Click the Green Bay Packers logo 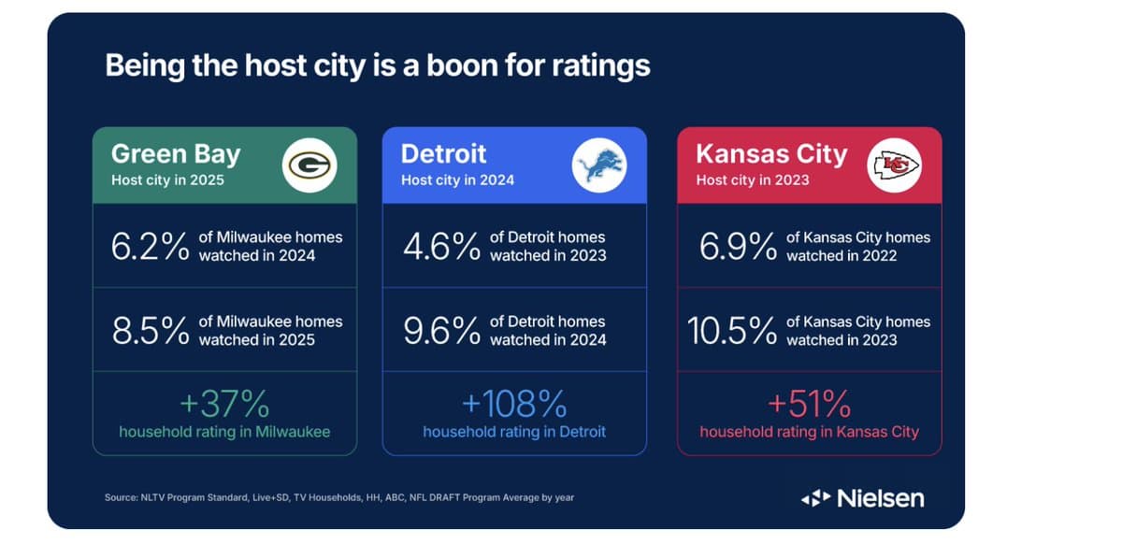[x=309, y=165]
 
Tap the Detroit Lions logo [x=599, y=165]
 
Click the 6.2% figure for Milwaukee [x=150, y=247]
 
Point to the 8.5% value [x=150, y=331]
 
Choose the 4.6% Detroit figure [x=441, y=247]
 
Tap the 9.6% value [x=441, y=331]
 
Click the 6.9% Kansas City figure [x=738, y=247]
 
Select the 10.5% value [x=732, y=331]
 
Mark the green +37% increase [x=224, y=405]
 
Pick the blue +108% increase [x=514, y=405]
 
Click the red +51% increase [x=809, y=405]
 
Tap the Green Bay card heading [x=176, y=154]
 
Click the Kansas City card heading [x=771, y=154]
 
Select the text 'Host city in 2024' [x=457, y=180]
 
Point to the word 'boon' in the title [x=439, y=65]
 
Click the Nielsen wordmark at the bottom [x=880, y=498]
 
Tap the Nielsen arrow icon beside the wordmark [x=815, y=498]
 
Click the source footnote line [x=339, y=497]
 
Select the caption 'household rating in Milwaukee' [x=224, y=432]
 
